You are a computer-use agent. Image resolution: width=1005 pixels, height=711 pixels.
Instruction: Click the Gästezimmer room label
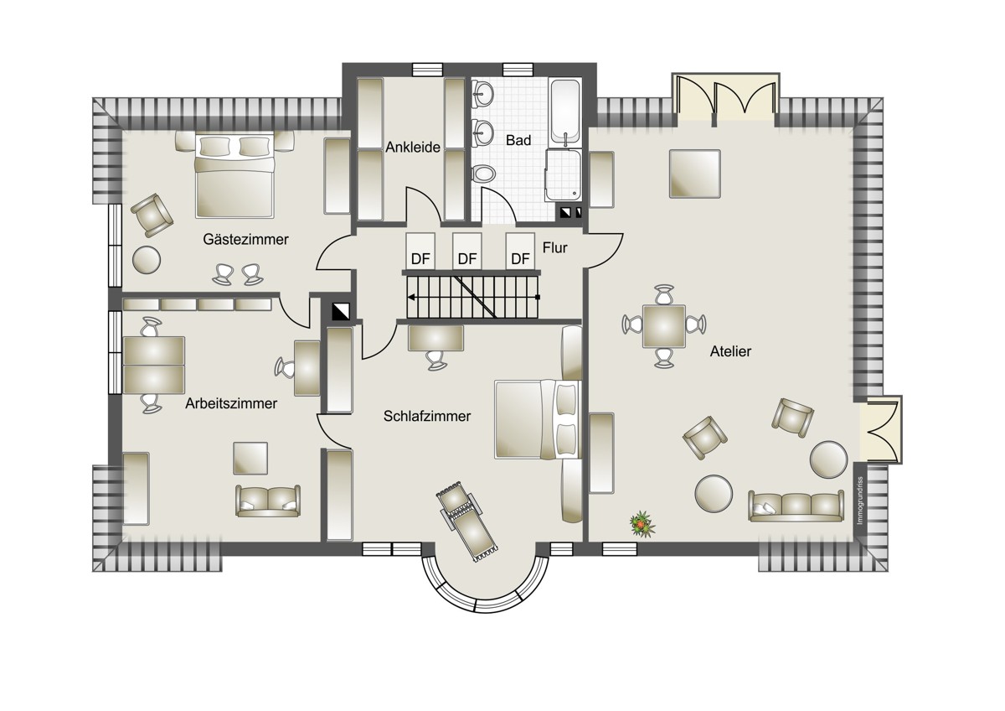coord(245,240)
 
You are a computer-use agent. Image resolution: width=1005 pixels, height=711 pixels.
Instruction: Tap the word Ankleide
coord(413,147)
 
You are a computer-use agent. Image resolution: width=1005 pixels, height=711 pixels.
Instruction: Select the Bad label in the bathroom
coord(518,140)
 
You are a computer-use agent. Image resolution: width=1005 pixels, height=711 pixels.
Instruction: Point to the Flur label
coord(554,247)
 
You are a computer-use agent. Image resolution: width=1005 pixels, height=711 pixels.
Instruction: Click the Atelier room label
coord(730,351)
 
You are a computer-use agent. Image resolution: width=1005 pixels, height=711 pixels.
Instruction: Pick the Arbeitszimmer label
coord(231,403)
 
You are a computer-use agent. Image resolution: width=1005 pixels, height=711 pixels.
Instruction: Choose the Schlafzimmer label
coord(426,417)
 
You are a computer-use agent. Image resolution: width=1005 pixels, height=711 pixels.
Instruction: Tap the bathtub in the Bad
coord(565,112)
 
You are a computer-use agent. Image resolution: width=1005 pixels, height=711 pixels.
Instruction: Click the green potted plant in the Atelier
coord(642,524)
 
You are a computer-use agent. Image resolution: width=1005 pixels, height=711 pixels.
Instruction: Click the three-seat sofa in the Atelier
coord(796,506)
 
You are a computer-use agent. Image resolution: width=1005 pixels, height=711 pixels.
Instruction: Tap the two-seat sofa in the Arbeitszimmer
coord(268,501)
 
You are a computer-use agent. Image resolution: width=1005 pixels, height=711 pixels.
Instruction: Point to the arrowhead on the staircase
coord(410,297)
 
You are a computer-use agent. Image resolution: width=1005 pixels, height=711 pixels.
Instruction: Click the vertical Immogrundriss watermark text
coord(859,501)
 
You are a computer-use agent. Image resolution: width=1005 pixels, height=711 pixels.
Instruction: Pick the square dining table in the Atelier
coord(664,326)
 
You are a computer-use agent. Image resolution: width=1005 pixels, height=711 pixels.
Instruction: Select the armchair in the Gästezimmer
coord(152,215)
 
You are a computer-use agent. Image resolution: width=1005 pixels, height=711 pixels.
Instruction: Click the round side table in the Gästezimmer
coord(147,260)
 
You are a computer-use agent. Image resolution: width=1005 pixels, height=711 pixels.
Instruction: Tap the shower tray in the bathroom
coord(564,175)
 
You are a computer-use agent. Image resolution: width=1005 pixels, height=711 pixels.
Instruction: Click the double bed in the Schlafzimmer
coord(538,419)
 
